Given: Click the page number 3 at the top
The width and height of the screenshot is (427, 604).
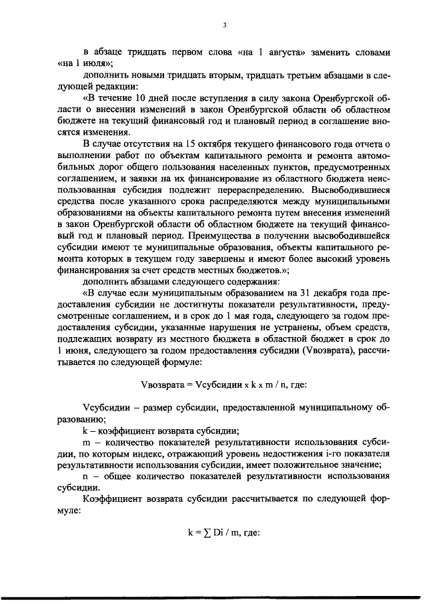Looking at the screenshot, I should coord(225,25).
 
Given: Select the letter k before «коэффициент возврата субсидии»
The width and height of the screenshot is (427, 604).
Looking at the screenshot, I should coord(84,431).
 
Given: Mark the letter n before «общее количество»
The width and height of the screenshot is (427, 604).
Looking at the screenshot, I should coord(85,477).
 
